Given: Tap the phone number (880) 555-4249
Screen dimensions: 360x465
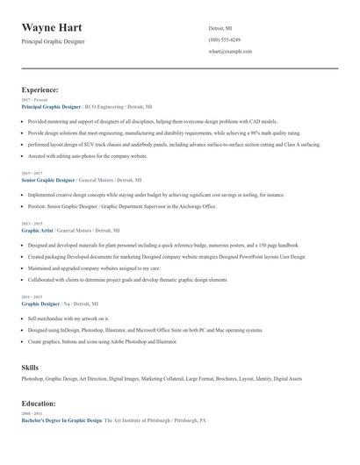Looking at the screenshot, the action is (x=225, y=39).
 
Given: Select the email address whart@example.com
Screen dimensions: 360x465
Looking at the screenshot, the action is (x=230, y=52).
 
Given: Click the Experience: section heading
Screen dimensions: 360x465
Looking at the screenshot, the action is (x=40, y=89).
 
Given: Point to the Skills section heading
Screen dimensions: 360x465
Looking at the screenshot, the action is (x=30, y=367).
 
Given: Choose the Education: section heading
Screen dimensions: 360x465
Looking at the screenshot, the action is (x=39, y=404).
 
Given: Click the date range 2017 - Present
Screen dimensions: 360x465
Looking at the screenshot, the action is (x=33, y=100).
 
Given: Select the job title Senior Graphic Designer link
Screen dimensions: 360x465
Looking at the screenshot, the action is (x=50, y=180).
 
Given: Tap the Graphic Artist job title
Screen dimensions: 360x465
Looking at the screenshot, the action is (x=38, y=230).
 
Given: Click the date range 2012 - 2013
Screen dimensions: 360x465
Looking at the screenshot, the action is (x=31, y=297).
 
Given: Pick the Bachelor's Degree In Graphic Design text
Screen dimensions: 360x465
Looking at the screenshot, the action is (x=61, y=420).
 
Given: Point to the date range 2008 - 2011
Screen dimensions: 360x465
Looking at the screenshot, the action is (x=31, y=413).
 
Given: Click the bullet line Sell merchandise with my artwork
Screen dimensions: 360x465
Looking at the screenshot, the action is (x=68, y=318).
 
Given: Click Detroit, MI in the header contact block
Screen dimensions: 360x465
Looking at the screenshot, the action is (x=220, y=28).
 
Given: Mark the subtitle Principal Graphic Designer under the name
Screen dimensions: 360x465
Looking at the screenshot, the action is (x=54, y=41).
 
